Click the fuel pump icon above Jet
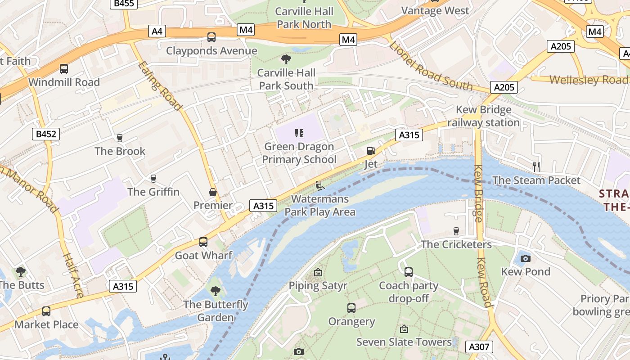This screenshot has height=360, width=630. pyautogui.click(x=371, y=151)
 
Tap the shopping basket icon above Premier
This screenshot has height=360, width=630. pyautogui.click(x=213, y=192)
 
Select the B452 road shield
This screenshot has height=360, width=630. pyautogui.click(x=46, y=134)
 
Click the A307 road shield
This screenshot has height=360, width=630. pyautogui.click(x=478, y=346)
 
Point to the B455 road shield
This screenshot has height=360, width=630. pyautogui.click(x=124, y=4)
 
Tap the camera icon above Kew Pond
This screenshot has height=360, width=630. pyautogui.click(x=525, y=258)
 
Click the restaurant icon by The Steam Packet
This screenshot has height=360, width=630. pyautogui.click(x=536, y=166)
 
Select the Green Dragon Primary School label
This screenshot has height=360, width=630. pyautogui.click(x=299, y=153)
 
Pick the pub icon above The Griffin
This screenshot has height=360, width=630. pyautogui.click(x=153, y=179)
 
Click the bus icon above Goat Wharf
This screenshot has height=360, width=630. pyautogui.click(x=203, y=242)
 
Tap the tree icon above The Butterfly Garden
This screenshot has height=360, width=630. pyautogui.click(x=216, y=291)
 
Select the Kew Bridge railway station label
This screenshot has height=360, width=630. pyautogui.click(x=483, y=116)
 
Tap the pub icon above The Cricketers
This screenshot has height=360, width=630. pyautogui.click(x=456, y=231)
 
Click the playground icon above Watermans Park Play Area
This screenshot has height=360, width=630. pyautogui.click(x=319, y=185)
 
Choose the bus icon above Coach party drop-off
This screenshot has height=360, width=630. pyautogui.click(x=409, y=272)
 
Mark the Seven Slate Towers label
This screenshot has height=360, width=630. pyautogui.click(x=404, y=342)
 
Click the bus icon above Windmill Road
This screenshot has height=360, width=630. pyautogui.click(x=64, y=69)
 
